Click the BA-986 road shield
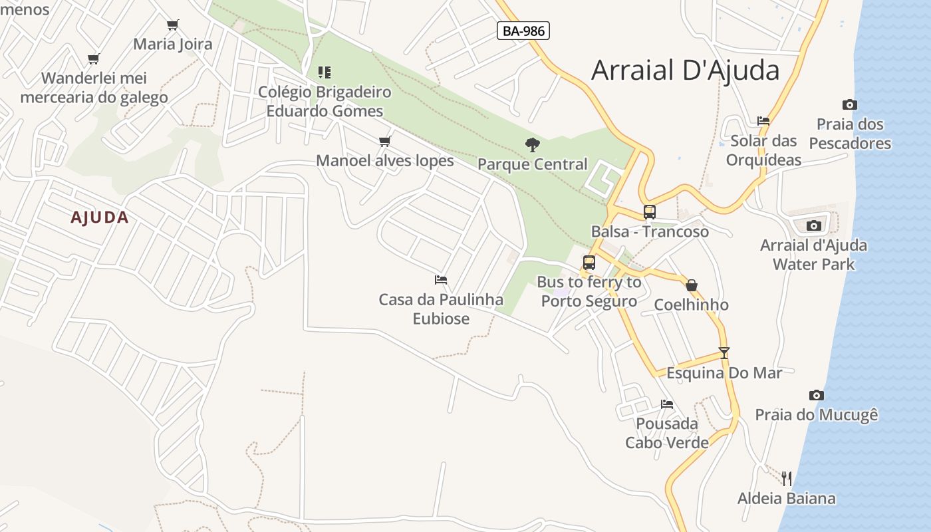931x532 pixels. click(x=523, y=31)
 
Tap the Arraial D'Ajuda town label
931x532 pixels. click(x=685, y=70)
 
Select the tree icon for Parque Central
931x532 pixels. click(x=532, y=144)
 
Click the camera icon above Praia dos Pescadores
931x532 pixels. click(x=849, y=104)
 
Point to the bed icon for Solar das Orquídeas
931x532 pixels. click(x=763, y=121)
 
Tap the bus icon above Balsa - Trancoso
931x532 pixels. click(x=649, y=212)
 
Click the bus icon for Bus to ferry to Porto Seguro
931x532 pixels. click(x=589, y=263)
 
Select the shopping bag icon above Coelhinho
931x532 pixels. click(x=692, y=285)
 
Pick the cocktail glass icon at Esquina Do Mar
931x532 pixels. click(x=724, y=353)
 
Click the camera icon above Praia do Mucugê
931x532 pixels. click(x=817, y=395)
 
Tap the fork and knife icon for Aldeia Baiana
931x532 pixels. click(x=787, y=478)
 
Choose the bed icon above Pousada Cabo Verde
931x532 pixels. click(x=667, y=404)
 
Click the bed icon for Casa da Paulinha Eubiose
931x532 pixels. click(x=441, y=280)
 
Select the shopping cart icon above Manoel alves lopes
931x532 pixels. click(x=384, y=141)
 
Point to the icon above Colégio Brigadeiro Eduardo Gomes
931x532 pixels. click(x=325, y=72)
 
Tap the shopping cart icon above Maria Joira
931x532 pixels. click(x=173, y=25)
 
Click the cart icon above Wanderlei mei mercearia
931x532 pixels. click(x=94, y=59)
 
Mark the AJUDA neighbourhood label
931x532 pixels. click(x=100, y=217)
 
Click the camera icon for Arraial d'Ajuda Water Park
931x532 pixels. click(x=813, y=225)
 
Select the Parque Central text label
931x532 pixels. click(x=533, y=164)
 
